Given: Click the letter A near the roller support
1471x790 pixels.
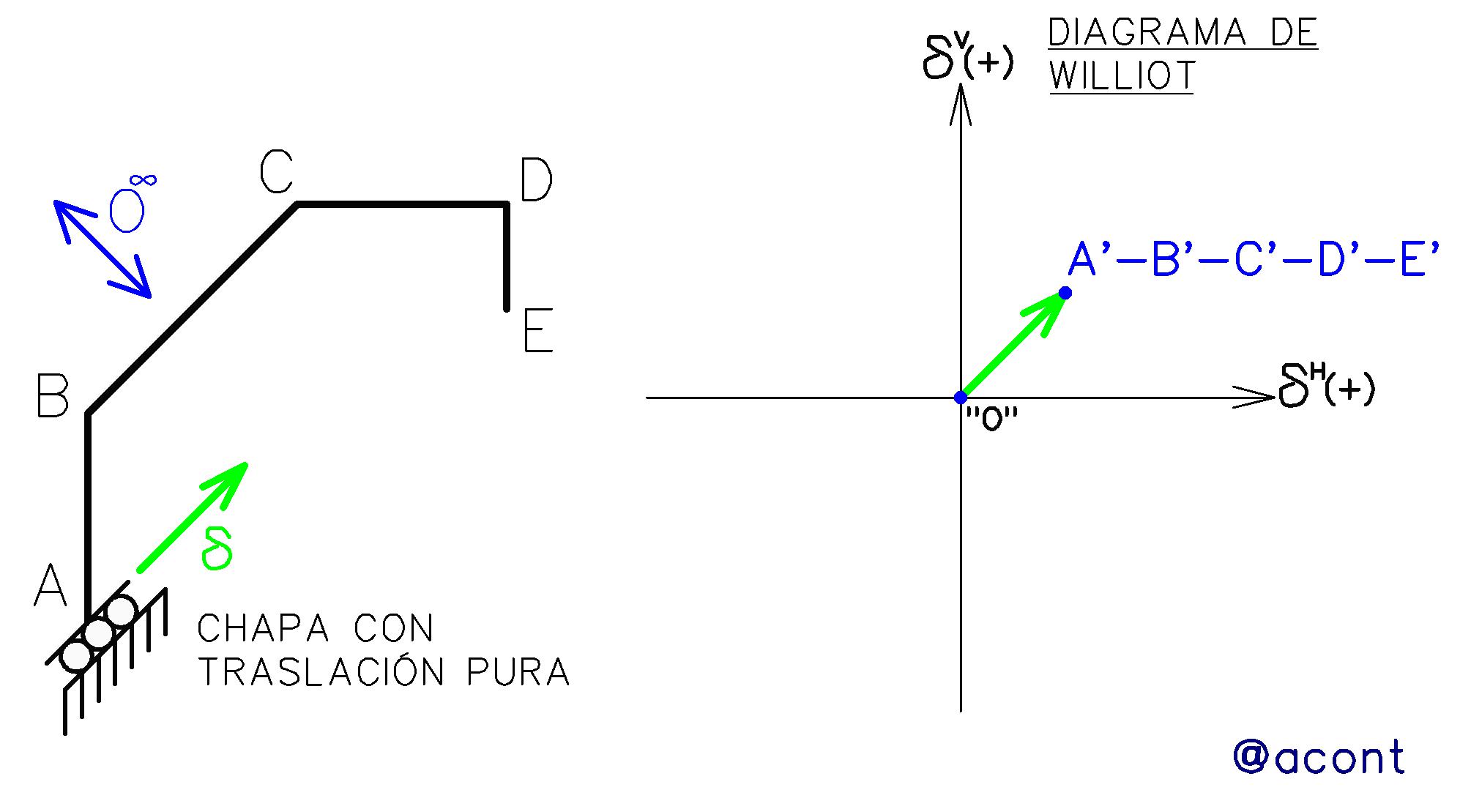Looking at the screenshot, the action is pyautogui.click(x=50, y=585).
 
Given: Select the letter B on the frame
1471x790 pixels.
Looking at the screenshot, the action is pyautogui.click(x=53, y=397).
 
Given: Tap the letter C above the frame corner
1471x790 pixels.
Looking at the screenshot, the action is pyautogui.click(x=277, y=172).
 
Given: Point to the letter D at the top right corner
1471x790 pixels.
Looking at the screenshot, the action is pyautogui.click(x=536, y=180).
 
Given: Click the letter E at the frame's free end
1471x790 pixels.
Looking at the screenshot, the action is pyautogui.click(x=538, y=331).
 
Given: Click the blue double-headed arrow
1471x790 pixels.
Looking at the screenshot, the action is pyautogui.click(x=103, y=249).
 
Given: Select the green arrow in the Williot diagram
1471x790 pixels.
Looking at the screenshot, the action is pyautogui.click(x=1013, y=344).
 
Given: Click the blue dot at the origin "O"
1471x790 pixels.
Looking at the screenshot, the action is pyautogui.click(x=961, y=398).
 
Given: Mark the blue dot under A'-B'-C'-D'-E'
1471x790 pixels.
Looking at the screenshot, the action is pyautogui.click(x=1065, y=293).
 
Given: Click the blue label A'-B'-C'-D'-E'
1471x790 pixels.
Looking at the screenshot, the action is pyautogui.click(x=1254, y=260).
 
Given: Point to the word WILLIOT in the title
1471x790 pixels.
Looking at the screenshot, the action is pyautogui.click(x=1122, y=76).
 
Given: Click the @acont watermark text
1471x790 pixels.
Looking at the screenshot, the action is pyautogui.click(x=1319, y=756).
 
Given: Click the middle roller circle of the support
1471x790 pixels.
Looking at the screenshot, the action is pyautogui.click(x=98, y=633).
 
